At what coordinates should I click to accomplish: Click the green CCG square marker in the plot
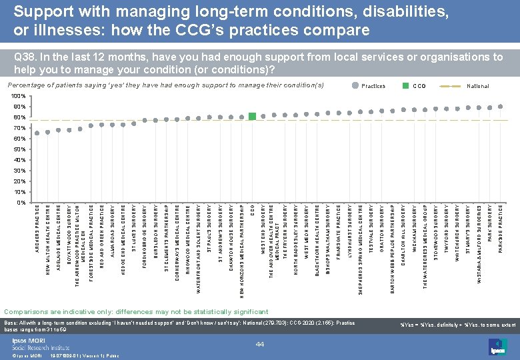click(x=252, y=117)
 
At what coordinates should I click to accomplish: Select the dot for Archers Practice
click(x=37, y=133)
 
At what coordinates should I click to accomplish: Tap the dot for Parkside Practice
click(x=501, y=107)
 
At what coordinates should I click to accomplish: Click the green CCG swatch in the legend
click(x=405, y=86)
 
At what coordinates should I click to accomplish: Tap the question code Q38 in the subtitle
click(x=24, y=57)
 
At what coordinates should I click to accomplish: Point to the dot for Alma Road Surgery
click(x=113, y=125)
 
